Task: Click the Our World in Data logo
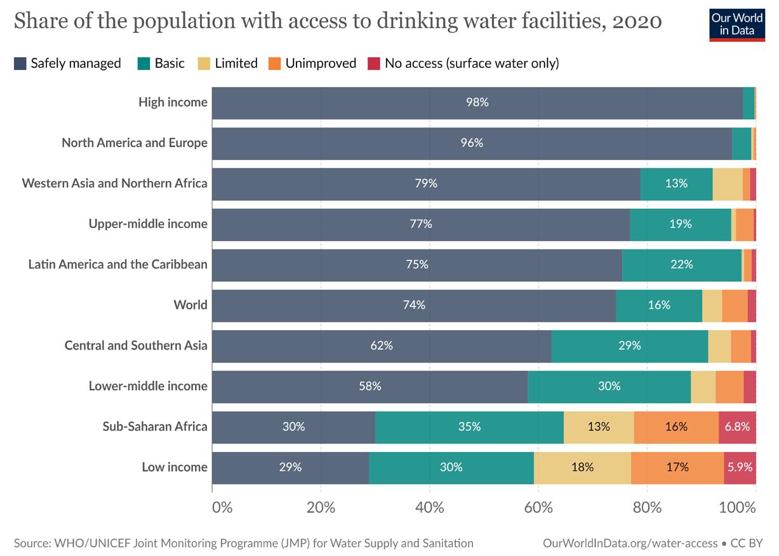[737, 25]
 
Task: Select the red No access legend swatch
[374, 63]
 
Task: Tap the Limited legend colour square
[204, 63]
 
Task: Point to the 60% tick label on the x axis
[538, 508]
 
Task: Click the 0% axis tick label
[222, 508]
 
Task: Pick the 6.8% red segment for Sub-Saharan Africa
[737, 427]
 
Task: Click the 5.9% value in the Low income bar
[740, 467]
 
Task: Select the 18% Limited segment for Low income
[583, 468]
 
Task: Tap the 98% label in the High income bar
[477, 102]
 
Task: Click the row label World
[190, 305]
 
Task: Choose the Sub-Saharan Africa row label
[155, 427]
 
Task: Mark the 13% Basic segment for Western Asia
[676, 184]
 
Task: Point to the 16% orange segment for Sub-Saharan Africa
[676, 427]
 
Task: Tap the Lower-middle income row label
[148, 386]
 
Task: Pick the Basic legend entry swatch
[143, 63]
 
